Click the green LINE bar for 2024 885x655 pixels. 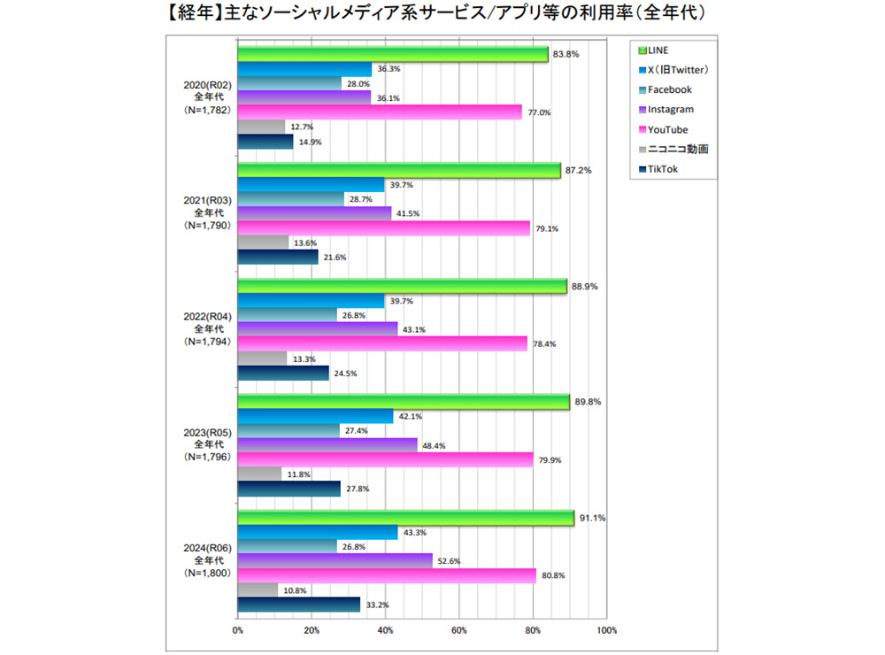(405, 518)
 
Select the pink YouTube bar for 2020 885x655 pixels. (380, 112)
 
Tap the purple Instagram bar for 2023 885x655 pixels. (327, 445)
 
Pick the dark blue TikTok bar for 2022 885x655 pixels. (283, 373)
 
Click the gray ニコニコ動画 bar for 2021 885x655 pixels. (264, 243)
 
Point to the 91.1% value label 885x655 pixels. (592, 519)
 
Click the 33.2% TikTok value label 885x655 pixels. (378, 605)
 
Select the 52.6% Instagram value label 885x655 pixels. (450, 560)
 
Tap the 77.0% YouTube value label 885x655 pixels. (540, 112)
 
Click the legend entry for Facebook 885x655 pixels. (669, 89)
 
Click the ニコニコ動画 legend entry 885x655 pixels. (678, 149)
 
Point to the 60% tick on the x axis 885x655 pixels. (458, 630)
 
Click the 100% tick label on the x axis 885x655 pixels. (606, 630)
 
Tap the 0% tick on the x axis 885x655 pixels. (237, 630)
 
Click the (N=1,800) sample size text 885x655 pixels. (206, 574)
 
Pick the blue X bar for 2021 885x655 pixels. (312, 184)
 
